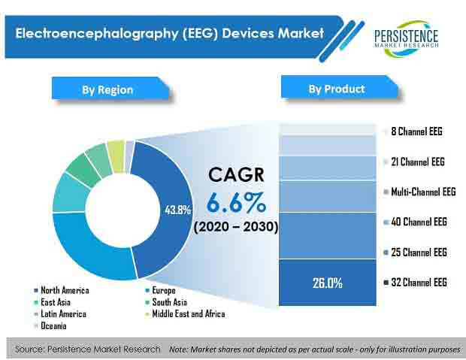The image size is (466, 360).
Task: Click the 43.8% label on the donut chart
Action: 177,210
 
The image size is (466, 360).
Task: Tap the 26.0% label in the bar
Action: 327,283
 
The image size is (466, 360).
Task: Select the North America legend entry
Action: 62,290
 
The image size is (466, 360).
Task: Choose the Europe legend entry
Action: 161,290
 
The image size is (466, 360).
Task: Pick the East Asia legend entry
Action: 53,302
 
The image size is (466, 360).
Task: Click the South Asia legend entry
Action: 166,302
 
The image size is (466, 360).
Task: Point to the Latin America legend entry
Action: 60,314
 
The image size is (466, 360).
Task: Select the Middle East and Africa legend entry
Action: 185,314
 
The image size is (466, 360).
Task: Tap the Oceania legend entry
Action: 50,326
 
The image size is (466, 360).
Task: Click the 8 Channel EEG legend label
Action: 413,131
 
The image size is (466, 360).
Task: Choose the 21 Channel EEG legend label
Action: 414,162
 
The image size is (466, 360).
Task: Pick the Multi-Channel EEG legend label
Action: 419,192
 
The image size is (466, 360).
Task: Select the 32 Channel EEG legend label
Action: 416,282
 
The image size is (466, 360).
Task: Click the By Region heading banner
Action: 110,89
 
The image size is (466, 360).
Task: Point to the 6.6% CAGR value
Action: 236,202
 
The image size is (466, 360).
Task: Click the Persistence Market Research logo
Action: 407,38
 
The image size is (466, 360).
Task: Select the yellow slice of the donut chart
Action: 116,156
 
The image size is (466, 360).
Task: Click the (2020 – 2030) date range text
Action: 236,227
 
